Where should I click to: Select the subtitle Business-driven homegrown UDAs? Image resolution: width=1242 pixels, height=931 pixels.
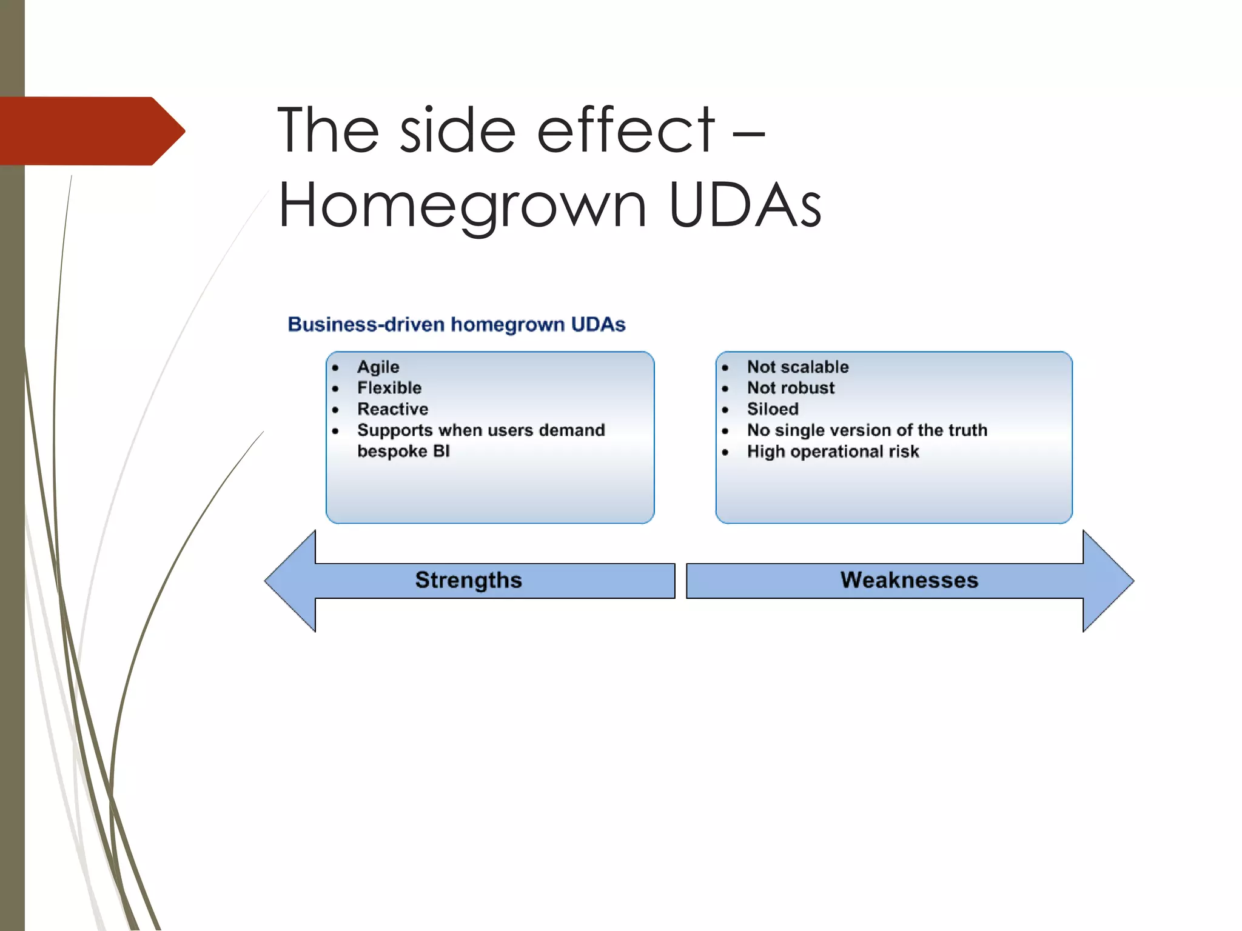click(456, 325)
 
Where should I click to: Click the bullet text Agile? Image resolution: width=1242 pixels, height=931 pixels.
click(378, 367)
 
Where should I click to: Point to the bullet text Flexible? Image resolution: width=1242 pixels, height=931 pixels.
click(389, 388)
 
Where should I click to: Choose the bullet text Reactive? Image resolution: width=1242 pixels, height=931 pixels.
click(392, 409)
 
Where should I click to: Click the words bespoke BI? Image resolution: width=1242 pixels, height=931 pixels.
click(403, 452)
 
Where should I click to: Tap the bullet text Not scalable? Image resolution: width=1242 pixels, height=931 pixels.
click(797, 367)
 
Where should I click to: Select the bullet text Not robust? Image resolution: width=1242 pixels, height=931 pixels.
click(790, 388)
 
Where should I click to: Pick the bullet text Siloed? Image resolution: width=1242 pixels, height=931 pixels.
click(772, 409)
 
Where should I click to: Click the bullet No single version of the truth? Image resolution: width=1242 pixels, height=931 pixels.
click(867, 430)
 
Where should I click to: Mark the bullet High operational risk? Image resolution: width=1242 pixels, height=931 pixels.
click(833, 452)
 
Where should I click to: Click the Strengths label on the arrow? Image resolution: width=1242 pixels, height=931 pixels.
click(468, 580)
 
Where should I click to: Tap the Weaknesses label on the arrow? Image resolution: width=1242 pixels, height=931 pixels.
click(908, 580)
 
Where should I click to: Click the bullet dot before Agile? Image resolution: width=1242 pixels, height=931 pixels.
click(335, 368)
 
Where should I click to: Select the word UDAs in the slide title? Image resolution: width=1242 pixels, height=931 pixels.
click(745, 206)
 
